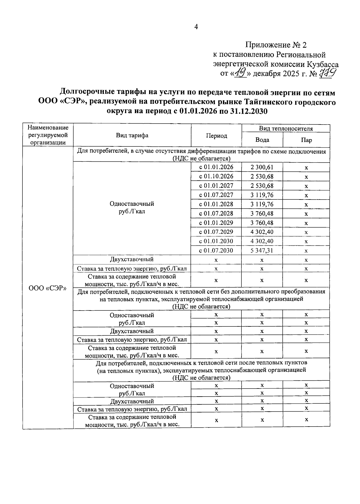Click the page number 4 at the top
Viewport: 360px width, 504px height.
coord(196,27)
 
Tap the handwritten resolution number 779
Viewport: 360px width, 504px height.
coord(328,73)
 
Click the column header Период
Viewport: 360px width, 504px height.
coord(216,136)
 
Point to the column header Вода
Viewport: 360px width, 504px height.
coord(262,140)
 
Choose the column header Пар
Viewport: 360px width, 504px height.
coord(306,140)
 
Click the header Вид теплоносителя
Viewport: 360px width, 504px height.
coord(286,129)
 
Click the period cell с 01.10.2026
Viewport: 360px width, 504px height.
coord(216,176)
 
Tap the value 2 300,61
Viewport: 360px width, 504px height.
coord(262,167)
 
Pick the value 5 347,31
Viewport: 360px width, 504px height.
coord(262,250)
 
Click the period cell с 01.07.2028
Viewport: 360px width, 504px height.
coord(216,214)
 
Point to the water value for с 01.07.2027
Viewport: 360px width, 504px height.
coord(262,195)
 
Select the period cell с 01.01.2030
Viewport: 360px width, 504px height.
coord(216,241)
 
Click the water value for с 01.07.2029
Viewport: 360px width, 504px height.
coord(262,232)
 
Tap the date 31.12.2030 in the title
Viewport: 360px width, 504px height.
coord(249,111)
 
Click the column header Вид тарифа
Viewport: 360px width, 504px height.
coord(132,135)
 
